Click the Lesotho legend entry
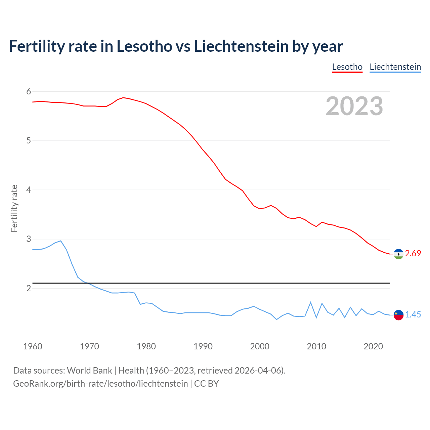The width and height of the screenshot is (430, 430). click(347, 67)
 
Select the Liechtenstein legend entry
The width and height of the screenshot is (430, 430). click(395, 67)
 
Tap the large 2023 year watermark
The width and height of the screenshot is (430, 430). click(354, 106)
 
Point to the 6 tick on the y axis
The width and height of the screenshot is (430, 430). click(29, 91)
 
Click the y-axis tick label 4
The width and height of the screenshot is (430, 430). click(29, 190)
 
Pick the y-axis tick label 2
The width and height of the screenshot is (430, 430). click(29, 288)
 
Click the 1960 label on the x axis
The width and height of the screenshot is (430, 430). click(33, 346)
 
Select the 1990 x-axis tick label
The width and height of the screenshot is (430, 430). click(203, 346)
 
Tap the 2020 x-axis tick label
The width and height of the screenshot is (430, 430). click(373, 346)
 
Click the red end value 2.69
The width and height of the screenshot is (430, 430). click(413, 254)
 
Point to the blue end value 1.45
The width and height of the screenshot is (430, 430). click(413, 315)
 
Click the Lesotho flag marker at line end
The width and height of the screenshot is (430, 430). click(398, 254)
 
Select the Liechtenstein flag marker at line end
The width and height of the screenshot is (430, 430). click(398, 315)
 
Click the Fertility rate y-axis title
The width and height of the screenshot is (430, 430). click(14, 208)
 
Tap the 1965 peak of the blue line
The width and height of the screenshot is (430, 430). click(61, 241)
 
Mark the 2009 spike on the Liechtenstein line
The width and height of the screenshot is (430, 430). click(311, 302)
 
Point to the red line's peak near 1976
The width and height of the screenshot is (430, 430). click(123, 97)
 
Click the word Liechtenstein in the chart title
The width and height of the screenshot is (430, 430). click(241, 46)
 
